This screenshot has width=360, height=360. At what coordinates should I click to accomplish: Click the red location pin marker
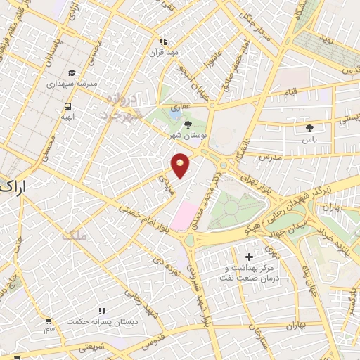click(x=181, y=166)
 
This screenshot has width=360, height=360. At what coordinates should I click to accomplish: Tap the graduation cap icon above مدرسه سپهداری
click(x=71, y=72)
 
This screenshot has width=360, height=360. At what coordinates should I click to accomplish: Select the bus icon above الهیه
click(x=67, y=107)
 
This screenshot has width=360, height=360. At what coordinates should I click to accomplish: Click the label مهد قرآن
click(x=164, y=52)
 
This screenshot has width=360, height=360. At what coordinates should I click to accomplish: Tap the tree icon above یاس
click(x=309, y=128)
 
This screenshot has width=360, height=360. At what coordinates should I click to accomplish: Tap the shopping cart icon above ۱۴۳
click(x=48, y=321)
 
